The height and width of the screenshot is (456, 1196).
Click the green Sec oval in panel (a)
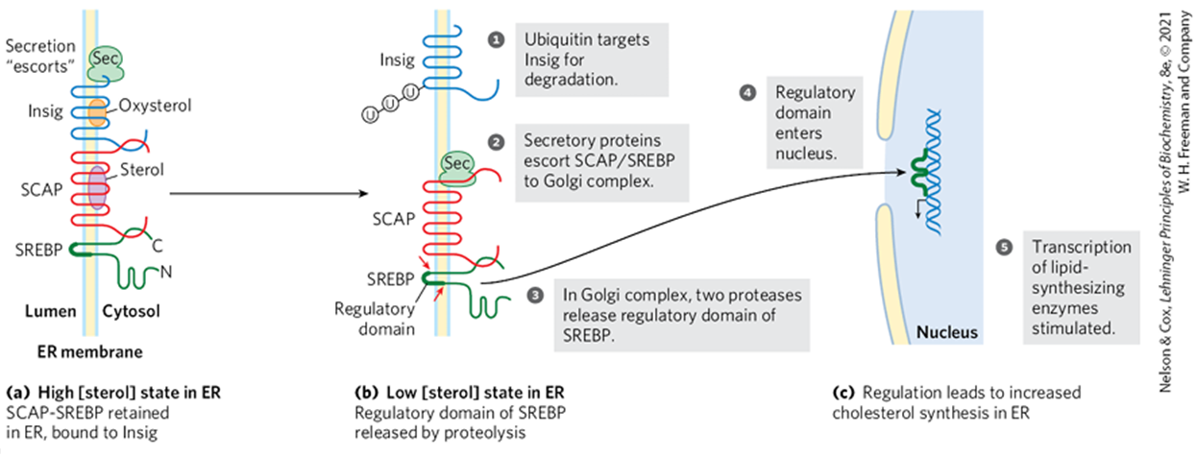point(105,61)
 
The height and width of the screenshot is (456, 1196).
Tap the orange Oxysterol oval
point(97,110)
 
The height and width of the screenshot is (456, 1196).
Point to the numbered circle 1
point(496,40)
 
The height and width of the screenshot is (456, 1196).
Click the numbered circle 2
point(496,141)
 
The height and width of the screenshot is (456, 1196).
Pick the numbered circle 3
point(536,294)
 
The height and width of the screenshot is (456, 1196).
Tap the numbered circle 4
point(746,93)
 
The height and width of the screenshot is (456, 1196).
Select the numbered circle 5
point(1004,248)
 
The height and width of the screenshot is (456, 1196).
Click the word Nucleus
point(946,333)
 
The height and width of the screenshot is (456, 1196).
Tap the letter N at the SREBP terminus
point(165,272)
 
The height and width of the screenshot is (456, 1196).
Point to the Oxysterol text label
point(157,105)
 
